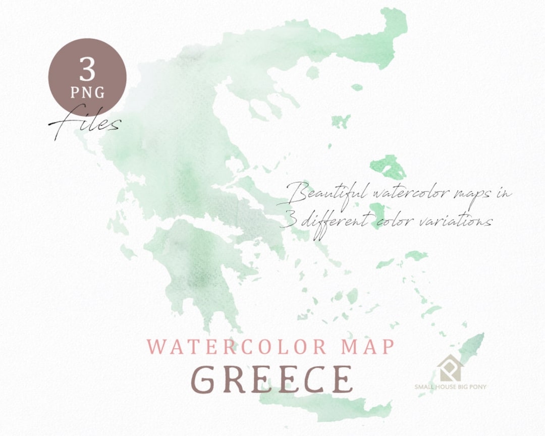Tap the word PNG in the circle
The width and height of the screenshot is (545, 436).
pyautogui.click(x=87, y=92)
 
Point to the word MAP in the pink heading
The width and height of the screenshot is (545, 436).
pyautogui.click(x=366, y=347)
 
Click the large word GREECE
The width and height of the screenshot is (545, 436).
pyautogui.click(x=272, y=379)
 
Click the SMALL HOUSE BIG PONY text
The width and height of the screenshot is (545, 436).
pyautogui.click(x=450, y=387)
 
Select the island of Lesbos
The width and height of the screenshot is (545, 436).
pyautogui.click(x=388, y=166)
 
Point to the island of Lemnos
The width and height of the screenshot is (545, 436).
pyautogui.click(x=341, y=121)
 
